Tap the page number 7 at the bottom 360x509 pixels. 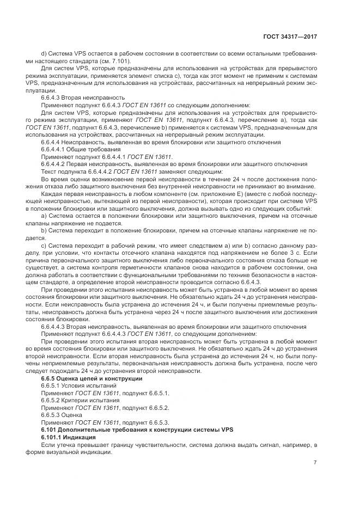[315, 463]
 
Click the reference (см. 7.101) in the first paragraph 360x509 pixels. [113, 61]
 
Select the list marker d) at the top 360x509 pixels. [44, 54]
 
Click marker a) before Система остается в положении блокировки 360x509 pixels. [44, 216]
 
